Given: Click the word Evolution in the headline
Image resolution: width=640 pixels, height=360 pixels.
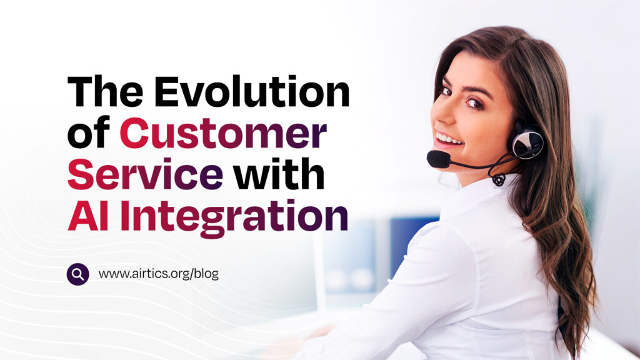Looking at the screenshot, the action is (x=252, y=91).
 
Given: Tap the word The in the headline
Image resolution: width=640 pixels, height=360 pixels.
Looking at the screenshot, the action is (x=105, y=91).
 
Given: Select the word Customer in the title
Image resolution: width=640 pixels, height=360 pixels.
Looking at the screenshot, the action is (x=223, y=134).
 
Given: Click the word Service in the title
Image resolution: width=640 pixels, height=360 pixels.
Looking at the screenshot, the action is (x=145, y=175).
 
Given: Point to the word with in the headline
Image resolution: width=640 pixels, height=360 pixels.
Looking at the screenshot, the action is (x=279, y=174).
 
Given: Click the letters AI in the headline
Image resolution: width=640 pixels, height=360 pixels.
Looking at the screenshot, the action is (x=88, y=216).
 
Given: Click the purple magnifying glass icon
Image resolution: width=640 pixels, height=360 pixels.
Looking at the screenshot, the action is (x=78, y=274).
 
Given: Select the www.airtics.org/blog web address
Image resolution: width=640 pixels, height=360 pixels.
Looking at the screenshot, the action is (x=158, y=274).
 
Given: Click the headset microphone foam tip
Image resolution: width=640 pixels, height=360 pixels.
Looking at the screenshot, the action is (x=438, y=159).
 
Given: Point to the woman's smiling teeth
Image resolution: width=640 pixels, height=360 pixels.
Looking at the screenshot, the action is (x=448, y=138).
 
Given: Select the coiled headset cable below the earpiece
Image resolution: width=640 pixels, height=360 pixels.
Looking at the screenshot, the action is (x=498, y=179).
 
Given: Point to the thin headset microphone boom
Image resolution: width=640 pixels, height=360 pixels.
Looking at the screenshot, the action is (x=482, y=164).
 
